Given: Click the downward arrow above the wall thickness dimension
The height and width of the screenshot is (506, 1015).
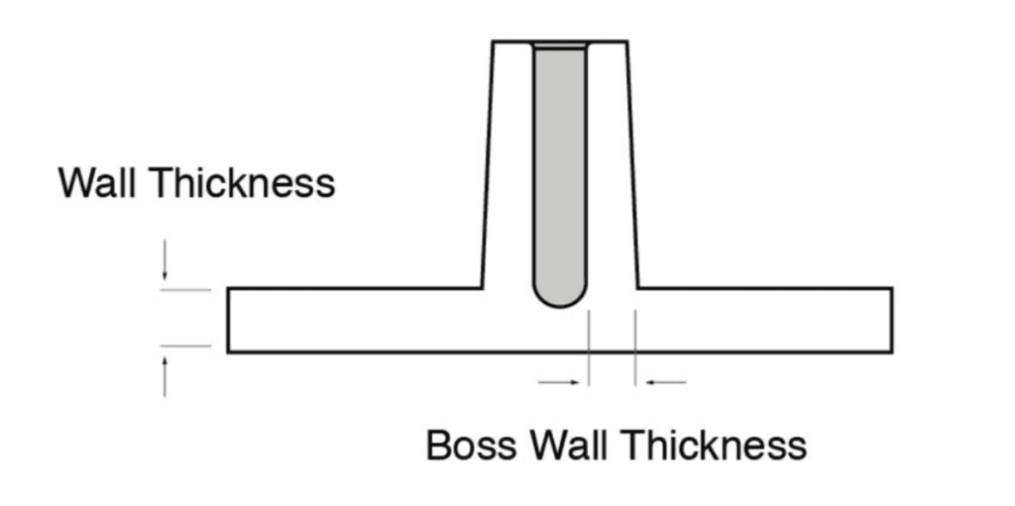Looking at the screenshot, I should (x=166, y=261).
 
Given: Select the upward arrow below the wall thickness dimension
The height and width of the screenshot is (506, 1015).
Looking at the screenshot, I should (x=166, y=376).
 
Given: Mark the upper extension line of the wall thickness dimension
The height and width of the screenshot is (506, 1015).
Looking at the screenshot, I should (x=186, y=289).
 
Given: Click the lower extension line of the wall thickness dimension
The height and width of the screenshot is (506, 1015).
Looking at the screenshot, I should (x=186, y=346).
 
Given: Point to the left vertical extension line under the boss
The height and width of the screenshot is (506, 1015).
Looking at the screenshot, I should (x=589, y=347).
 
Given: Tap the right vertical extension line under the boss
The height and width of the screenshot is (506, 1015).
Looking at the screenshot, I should (x=635, y=347).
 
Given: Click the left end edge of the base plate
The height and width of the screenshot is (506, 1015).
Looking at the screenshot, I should (x=228, y=320).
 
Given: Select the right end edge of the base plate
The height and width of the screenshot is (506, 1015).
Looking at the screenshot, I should (x=891, y=320).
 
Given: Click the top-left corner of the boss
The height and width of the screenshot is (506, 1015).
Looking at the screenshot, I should (x=495, y=42).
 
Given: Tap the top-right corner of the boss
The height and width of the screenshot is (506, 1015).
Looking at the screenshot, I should (x=625, y=42).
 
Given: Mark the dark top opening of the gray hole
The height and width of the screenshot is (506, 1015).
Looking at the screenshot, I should (x=560, y=47).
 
